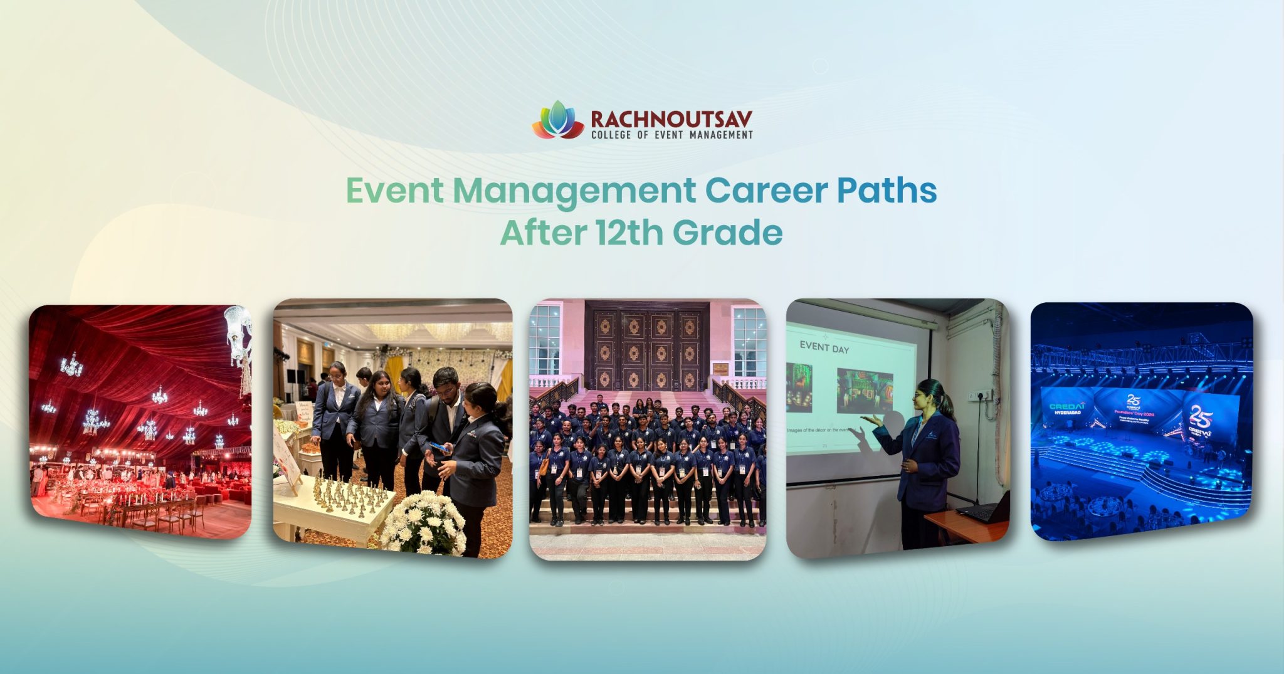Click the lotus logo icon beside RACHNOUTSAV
tap(558, 120)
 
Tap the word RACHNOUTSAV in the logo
tap(671, 119)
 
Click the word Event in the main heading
tap(394, 191)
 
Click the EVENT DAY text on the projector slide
tap(824, 347)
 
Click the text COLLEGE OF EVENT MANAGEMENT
tap(671, 135)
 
